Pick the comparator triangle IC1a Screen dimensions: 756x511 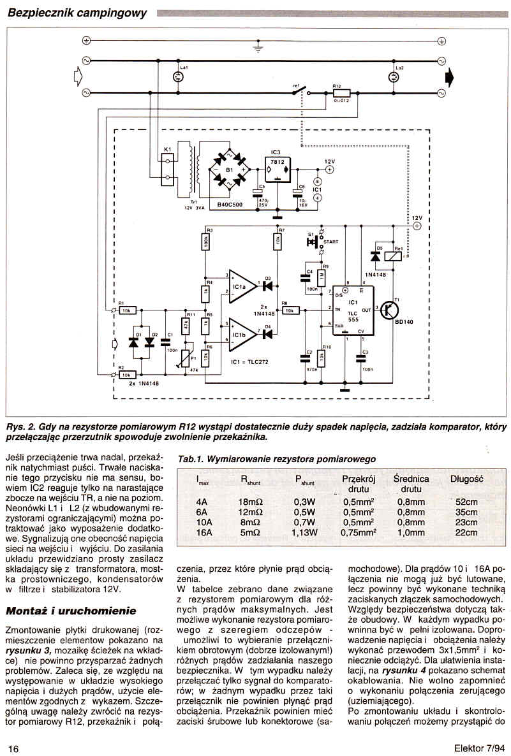[242, 284]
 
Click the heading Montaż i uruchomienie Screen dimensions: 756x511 [68, 611]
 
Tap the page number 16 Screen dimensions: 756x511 [13, 747]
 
